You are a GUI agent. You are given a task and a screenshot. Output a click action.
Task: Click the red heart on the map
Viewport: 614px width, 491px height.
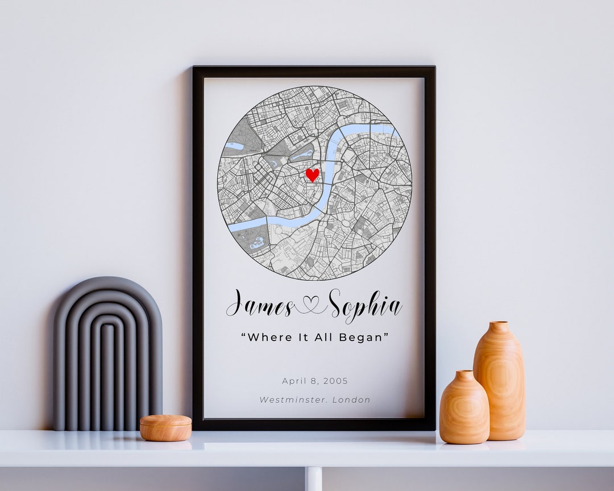[312, 174]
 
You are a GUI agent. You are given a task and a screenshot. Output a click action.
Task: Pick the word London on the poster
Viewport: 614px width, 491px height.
[351, 400]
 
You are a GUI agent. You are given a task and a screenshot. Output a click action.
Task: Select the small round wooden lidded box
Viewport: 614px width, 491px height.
[165, 428]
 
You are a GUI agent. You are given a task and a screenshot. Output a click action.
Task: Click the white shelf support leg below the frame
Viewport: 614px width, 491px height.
[313, 479]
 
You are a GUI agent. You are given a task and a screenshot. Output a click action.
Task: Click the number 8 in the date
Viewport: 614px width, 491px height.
[315, 381]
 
